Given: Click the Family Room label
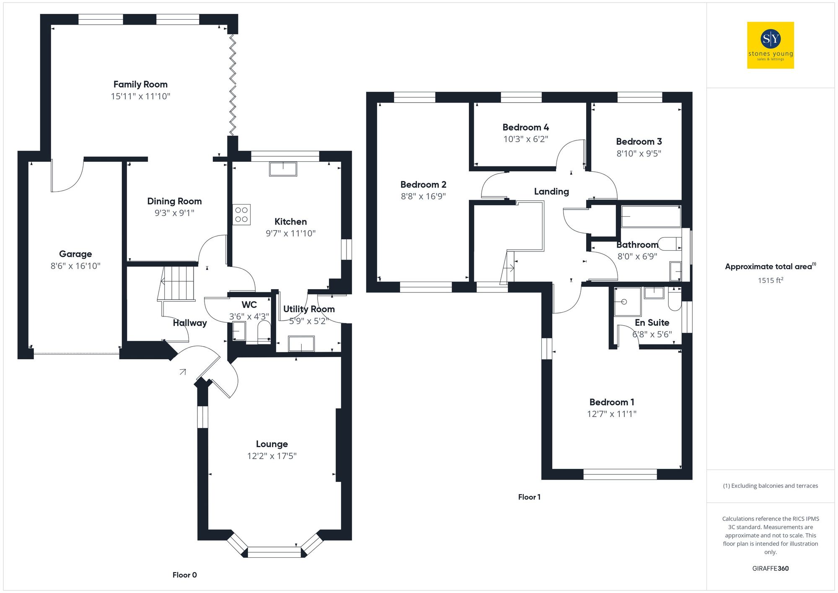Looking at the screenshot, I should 140,84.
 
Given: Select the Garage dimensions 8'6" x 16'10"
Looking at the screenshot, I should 75,266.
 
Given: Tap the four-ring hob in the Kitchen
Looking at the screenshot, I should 241,215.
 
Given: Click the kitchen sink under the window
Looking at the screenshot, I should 283,169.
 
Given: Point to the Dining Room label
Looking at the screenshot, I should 174,201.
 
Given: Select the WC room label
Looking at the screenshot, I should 249,305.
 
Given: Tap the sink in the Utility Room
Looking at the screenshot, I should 301,344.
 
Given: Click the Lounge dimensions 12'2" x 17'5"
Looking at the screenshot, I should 272,456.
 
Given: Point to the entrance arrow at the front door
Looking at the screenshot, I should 183,371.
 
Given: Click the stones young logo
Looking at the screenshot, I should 771,45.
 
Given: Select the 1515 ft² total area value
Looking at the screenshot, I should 770,280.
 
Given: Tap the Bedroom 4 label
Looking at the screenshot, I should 525,127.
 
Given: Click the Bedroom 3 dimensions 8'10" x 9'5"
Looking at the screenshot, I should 639,153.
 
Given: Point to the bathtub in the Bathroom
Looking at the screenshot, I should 651,216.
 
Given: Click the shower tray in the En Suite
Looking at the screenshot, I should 627,302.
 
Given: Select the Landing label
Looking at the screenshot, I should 551,192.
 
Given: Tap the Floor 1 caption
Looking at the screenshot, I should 529,497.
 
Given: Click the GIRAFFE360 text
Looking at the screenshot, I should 770,568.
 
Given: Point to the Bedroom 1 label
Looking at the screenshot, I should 612,402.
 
